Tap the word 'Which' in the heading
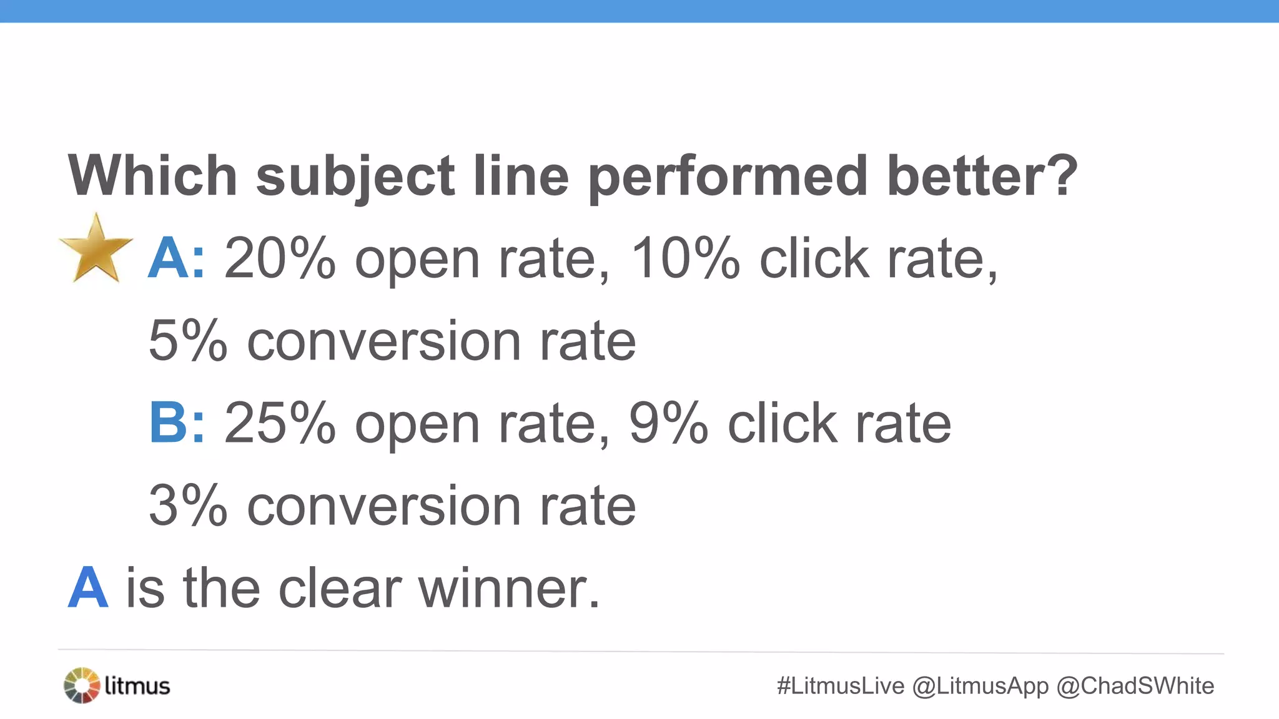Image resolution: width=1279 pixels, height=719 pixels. tap(152, 176)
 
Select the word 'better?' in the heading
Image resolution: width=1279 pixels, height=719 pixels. tap(982, 176)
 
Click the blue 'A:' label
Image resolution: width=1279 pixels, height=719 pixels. tap(176, 258)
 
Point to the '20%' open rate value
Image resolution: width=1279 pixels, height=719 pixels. tap(280, 258)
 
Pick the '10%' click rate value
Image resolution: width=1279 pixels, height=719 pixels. tap(686, 258)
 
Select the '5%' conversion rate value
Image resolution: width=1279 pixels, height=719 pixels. tap(188, 341)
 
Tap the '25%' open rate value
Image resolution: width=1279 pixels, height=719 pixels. tap(280, 423)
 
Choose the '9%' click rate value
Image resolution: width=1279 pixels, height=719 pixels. tap(668, 423)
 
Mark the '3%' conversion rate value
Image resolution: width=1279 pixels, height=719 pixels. tap(188, 506)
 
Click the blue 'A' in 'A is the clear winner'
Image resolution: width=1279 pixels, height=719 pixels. tap(88, 588)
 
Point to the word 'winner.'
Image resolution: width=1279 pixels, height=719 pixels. tap(509, 588)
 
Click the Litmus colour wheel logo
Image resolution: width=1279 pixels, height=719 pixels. tap(82, 685)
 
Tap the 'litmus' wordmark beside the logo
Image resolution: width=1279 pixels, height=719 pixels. tap(137, 686)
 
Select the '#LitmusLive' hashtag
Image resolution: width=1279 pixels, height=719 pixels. tap(841, 686)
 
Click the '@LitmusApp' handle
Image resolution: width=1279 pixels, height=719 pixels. tap(980, 686)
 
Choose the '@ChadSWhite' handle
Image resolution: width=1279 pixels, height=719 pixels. tap(1135, 686)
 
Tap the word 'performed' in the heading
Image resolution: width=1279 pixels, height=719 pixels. tap(728, 176)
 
